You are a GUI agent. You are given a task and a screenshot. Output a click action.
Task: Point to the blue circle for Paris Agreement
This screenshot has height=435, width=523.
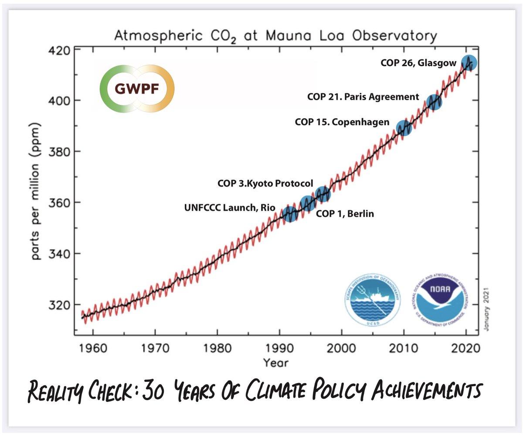[x=434, y=102]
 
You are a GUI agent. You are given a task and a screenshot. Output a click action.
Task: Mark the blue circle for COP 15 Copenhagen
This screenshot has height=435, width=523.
[x=404, y=128]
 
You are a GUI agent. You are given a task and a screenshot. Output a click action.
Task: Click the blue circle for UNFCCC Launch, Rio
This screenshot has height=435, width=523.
[x=290, y=213]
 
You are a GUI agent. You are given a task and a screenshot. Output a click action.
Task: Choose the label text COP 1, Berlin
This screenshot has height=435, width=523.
[x=344, y=214]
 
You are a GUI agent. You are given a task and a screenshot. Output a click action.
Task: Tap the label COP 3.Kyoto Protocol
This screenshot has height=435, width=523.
[x=265, y=184]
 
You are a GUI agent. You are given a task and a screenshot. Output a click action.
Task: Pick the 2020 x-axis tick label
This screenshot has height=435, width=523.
[x=466, y=350]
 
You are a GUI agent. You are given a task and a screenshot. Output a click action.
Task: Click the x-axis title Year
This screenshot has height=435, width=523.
[x=275, y=362]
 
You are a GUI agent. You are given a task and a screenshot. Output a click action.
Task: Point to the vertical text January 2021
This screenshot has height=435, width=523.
[x=485, y=308]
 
